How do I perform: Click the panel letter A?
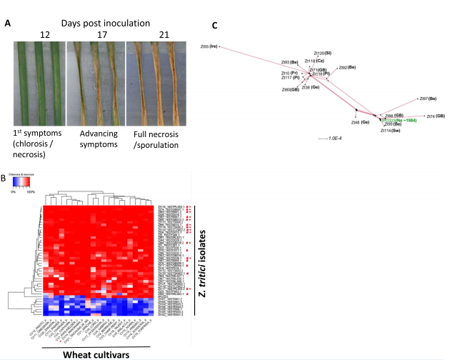coord(8,24)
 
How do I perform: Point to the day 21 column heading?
coord(152,34)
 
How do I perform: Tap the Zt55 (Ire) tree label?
coord(209,47)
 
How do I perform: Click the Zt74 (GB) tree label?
coord(435,116)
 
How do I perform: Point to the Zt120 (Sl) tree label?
coord(323,53)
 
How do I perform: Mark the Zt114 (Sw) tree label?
coord(391,131)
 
